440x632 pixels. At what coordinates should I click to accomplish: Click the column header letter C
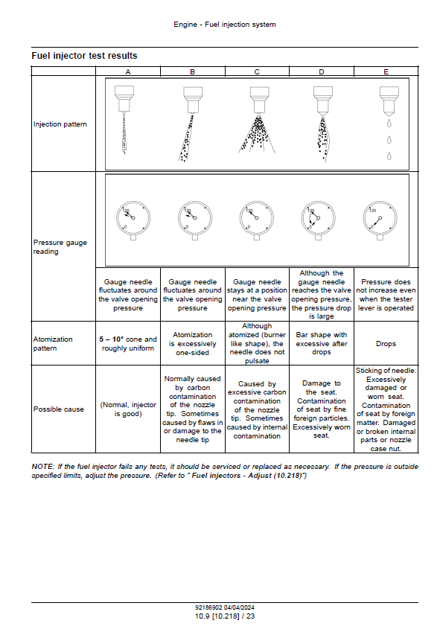tap(257, 71)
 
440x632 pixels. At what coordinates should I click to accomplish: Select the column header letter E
tap(386, 71)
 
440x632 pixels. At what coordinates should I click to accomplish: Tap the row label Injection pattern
tap(60, 124)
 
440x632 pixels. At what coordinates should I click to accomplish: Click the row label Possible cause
tap(58, 409)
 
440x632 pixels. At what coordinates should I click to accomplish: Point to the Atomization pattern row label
tap(53, 343)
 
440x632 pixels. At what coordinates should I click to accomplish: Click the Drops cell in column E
tap(386, 344)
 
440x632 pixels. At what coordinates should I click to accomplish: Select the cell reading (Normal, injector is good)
tap(128, 409)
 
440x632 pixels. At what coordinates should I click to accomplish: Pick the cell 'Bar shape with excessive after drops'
tap(322, 343)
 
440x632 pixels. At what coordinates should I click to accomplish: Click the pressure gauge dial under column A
tap(133, 218)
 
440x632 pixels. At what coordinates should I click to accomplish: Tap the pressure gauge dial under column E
tap(380, 218)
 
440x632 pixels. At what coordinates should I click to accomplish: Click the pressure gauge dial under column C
tap(257, 218)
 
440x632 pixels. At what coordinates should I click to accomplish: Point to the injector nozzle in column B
tap(193, 99)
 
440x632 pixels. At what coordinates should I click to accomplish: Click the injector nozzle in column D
tap(323, 100)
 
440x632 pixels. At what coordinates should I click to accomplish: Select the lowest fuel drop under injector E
tap(389, 156)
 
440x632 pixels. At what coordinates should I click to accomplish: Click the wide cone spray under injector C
tap(257, 134)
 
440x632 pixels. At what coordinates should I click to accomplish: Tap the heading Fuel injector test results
tap(85, 56)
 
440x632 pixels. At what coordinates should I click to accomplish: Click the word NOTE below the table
tap(42, 466)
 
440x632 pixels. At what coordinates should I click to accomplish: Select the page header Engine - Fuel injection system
tap(225, 24)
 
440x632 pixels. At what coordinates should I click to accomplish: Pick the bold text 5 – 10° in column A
tap(111, 339)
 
